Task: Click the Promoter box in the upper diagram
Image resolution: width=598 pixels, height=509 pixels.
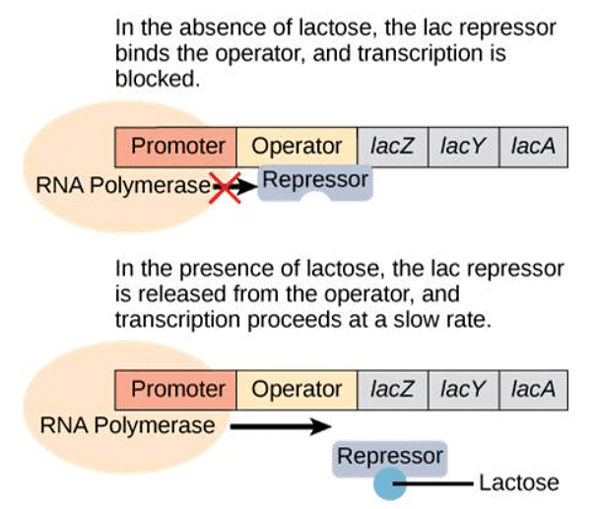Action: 178,147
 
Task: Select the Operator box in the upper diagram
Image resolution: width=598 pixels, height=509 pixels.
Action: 297,147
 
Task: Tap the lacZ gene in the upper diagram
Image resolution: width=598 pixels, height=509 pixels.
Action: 392,147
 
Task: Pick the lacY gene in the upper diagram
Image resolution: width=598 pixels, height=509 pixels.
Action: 463,147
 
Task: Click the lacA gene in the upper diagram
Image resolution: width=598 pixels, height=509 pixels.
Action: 533,147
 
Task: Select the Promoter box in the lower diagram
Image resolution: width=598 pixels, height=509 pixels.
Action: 178,389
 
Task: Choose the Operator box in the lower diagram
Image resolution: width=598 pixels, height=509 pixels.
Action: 297,389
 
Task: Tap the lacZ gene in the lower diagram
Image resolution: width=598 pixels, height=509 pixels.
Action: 392,389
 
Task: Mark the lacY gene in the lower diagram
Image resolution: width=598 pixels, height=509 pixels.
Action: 463,389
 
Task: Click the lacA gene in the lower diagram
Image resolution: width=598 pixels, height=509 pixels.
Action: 533,389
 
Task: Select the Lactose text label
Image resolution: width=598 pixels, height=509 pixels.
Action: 518,483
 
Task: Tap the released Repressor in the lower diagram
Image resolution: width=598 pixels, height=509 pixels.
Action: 390,457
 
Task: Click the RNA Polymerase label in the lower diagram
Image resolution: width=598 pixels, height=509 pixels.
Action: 127,426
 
